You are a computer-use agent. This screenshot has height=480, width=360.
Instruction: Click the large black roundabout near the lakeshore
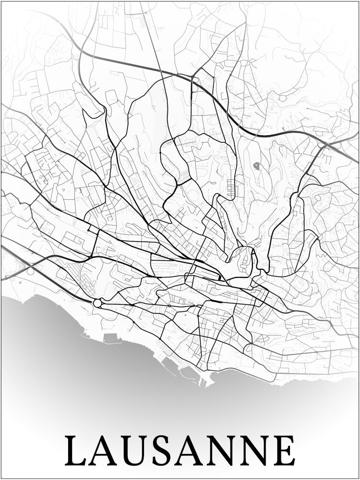[97, 303]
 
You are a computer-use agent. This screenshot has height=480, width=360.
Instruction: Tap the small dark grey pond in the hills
[257, 166]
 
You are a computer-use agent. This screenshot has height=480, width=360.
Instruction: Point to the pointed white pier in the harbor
[204, 383]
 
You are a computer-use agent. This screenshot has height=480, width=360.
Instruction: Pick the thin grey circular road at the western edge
[31, 271]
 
